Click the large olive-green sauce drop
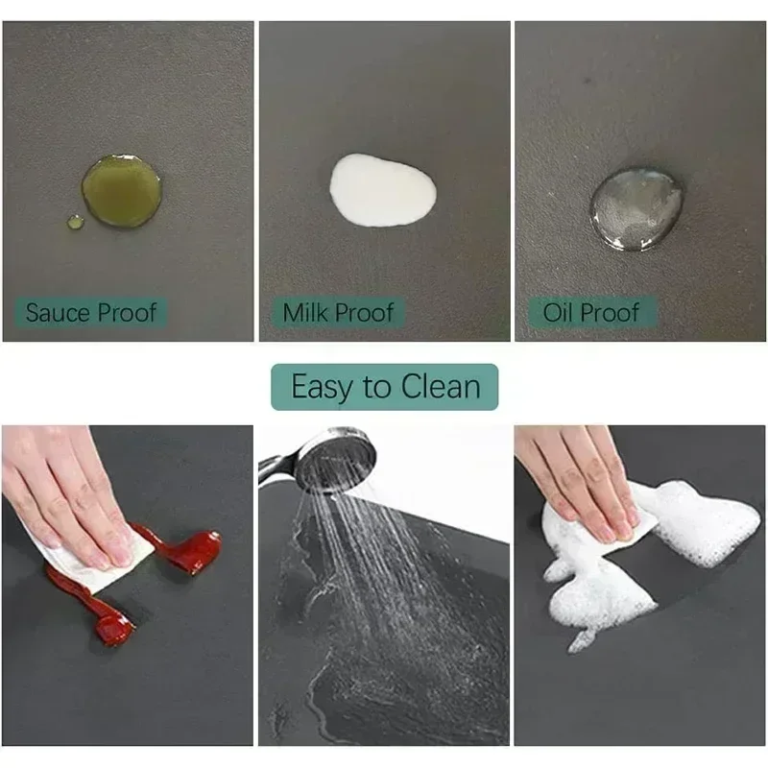click(122, 190)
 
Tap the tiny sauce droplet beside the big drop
click(75, 222)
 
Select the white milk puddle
click(382, 190)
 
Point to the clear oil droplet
click(636, 209)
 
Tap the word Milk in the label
click(306, 313)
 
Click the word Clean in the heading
click(441, 387)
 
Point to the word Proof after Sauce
click(127, 313)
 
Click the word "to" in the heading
click(376, 387)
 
